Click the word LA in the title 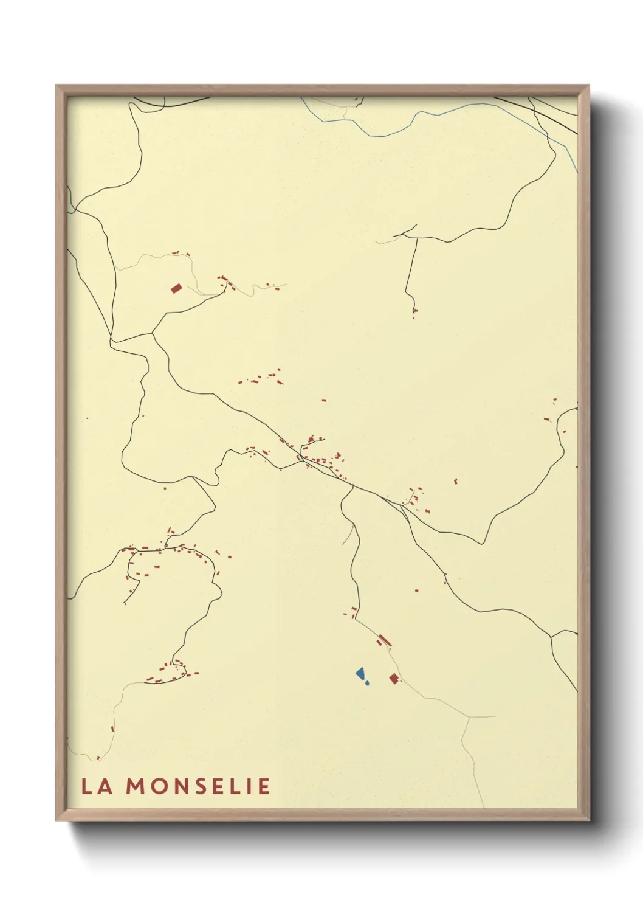point(97,786)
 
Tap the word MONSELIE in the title point(198,786)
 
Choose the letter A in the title point(105,786)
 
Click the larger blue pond point(360,673)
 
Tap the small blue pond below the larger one point(366,683)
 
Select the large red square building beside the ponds point(394,678)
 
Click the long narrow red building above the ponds point(384,640)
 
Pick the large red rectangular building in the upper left point(176,288)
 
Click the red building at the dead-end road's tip point(414,311)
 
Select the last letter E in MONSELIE point(264,786)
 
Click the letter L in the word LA point(87,786)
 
